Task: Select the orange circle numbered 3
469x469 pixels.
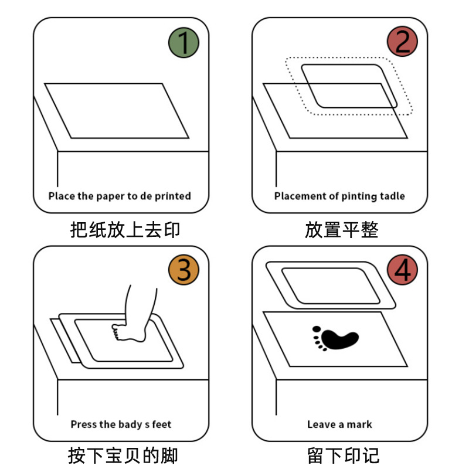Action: pos(184,270)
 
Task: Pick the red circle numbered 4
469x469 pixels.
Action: pos(403,270)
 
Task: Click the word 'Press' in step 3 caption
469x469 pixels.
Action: pos(84,424)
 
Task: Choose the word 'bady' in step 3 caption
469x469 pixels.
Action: pos(131,424)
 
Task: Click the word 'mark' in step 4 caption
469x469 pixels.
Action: pos(359,424)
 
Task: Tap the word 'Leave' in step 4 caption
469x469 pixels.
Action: pos(321,424)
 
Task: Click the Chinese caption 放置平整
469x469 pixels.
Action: pos(341,228)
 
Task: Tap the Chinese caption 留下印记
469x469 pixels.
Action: pos(341,455)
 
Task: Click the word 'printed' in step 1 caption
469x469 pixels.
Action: pos(173,196)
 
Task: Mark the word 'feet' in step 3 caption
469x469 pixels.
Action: pos(162,424)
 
